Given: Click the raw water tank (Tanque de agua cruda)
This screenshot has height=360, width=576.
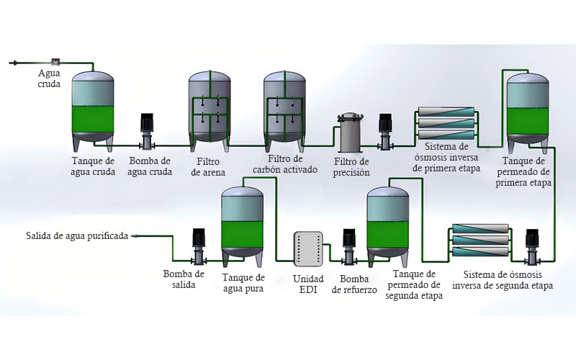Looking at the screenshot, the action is click(92, 111).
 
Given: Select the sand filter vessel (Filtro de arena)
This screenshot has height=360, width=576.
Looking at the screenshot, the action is click(210, 111).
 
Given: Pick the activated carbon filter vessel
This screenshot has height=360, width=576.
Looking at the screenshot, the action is click(284, 111).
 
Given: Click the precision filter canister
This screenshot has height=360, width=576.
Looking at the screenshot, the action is click(351, 133).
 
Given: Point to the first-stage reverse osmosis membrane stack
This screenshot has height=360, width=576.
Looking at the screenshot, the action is click(446, 123).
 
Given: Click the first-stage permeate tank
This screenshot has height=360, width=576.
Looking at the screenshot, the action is click(528, 113).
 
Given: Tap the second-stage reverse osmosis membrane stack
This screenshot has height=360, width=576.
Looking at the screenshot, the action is click(480, 240).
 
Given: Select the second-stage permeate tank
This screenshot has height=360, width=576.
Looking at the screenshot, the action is click(388, 227).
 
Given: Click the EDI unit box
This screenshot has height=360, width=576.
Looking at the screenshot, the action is click(308, 248).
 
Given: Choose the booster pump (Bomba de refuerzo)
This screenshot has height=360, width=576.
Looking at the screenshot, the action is click(348, 246).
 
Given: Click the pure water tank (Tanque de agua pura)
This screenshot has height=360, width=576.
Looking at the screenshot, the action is click(243, 227).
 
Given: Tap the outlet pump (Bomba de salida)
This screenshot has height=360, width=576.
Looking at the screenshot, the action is click(199, 246).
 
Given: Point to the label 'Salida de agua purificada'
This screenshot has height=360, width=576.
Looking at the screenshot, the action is click(77, 235).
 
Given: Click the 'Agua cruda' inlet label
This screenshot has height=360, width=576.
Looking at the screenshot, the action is click(49, 78).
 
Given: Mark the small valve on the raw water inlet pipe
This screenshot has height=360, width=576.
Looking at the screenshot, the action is click(56, 62).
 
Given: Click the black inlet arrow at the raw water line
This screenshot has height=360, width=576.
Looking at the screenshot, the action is click(13, 63).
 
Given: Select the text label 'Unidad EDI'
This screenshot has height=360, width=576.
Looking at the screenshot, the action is click(308, 284).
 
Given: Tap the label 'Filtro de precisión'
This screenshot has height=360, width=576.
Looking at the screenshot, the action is click(351, 167).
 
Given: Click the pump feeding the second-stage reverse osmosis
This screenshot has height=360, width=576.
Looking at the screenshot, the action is click(531, 247).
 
